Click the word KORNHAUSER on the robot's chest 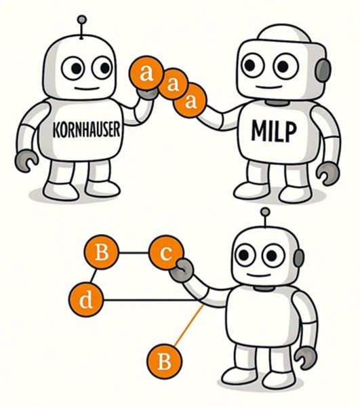click(87, 130)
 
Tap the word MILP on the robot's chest click(274, 131)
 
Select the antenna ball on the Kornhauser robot click(82, 20)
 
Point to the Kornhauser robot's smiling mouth click(87, 88)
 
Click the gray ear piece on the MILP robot click(323, 71)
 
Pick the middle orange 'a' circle click(174, 84)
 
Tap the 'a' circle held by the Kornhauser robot click(147, 73)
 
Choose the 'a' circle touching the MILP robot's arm click(191, 100)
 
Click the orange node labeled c click(166, 252)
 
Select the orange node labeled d click(86, 300)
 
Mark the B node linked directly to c click(102, 252)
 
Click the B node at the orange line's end click(165, 362)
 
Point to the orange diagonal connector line click(189, 326)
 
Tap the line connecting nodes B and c click(134, 252)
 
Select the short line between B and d click(94, 276)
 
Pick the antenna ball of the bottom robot click(265, 212)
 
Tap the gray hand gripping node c click(182, 271)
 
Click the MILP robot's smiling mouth click(268, 87)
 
